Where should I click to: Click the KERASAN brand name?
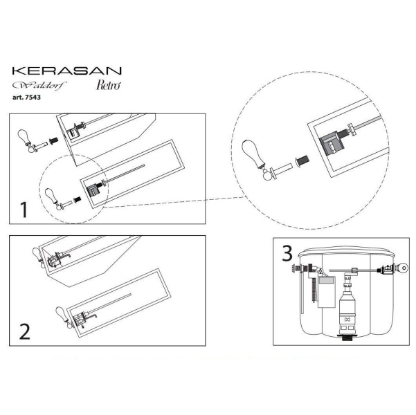tap(67, 71)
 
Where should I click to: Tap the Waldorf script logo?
tap(39, 85)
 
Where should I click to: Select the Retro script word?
tap(109, 85)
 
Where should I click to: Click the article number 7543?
tap(26, 98)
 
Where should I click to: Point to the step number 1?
tap(24, 210)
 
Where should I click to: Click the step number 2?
tap(25, 331)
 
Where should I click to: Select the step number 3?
tap(287, 253)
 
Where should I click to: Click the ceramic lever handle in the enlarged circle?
tap(253, 154)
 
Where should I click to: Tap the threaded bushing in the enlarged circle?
tap(302, 161)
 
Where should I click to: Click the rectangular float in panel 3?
tap(327, 292)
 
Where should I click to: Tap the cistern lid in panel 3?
tap(347, 252)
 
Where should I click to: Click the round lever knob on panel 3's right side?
tap(404, 268)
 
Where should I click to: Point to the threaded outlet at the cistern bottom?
tap(347, 337)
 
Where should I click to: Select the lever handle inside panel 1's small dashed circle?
tap(53, 199)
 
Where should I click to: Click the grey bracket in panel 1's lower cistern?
tap(93, 190)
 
